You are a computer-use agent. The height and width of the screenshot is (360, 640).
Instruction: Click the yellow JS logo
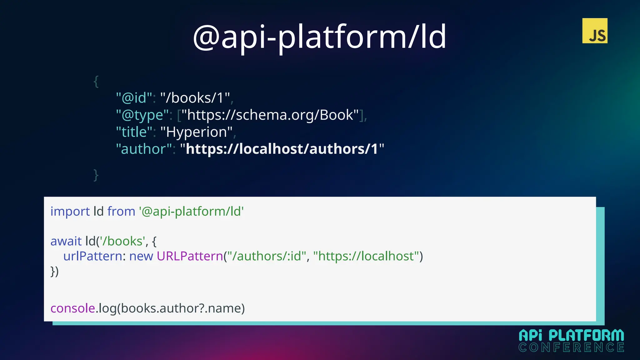595,31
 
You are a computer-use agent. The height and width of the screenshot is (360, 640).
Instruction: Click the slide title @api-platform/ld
320,37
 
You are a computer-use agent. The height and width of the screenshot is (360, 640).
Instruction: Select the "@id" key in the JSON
134,98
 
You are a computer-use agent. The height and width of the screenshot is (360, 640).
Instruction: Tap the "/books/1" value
195,98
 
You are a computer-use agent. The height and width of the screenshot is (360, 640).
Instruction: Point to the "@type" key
142,115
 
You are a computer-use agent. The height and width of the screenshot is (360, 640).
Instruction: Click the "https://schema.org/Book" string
270,115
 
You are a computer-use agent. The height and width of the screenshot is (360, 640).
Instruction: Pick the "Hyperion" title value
196,132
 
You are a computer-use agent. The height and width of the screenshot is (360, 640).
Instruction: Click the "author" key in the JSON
144,149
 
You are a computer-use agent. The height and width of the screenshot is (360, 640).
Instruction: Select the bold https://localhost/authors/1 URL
282,149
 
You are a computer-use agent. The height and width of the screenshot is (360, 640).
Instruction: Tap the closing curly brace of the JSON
96,175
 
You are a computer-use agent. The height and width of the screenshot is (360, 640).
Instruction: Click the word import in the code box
70,212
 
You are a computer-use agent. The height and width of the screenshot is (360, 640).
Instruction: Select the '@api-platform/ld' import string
191,212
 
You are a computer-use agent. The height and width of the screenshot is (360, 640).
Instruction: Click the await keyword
66,241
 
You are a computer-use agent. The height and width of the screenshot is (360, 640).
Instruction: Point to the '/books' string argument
122,241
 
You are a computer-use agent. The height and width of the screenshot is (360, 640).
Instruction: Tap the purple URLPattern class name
190,256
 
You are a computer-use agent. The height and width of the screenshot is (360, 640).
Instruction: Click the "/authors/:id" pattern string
267,256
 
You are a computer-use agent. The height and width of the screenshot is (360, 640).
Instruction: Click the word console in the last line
73,308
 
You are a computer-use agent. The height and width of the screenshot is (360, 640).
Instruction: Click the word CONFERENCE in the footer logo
571,347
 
